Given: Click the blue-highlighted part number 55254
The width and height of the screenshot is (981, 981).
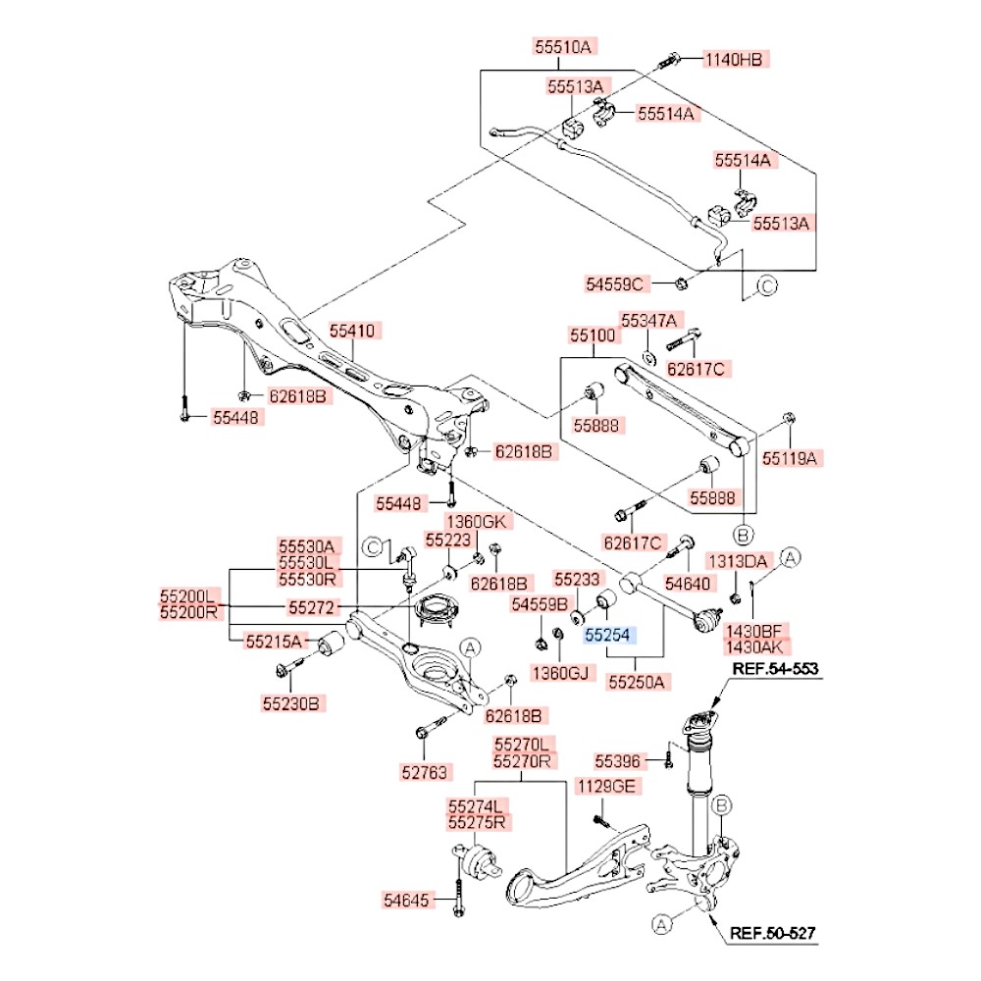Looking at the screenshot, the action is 607,635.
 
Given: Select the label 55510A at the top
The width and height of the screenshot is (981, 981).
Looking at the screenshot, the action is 562,46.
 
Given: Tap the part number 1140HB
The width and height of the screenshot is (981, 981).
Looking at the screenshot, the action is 734,60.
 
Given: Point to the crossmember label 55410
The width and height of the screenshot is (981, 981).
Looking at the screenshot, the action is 352,331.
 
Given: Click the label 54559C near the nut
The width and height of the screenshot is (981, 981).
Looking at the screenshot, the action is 614,284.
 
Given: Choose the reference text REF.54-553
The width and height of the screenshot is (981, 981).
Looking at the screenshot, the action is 775,669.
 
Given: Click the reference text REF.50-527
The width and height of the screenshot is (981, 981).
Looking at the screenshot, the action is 773,934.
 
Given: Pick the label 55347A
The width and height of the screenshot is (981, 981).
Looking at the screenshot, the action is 648,321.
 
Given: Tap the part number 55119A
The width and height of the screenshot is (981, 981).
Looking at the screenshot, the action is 790,458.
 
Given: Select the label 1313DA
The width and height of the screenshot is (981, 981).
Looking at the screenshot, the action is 738,561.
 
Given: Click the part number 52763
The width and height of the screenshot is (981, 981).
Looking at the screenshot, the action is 424,773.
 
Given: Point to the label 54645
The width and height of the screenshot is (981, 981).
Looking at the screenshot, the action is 407,901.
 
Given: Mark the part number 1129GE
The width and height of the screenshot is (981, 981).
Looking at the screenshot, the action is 606,787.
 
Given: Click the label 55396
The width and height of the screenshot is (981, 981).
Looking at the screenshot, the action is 617,761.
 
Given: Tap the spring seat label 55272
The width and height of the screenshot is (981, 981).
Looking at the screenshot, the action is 311,607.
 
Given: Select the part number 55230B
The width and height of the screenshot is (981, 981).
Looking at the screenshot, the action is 291,703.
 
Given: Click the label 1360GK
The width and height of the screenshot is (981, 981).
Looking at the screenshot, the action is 476,521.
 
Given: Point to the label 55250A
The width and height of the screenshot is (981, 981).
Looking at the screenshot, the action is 637,682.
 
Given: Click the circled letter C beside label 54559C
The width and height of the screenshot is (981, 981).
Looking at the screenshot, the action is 767,285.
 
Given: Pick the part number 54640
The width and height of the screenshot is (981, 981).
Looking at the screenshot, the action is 688,584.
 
